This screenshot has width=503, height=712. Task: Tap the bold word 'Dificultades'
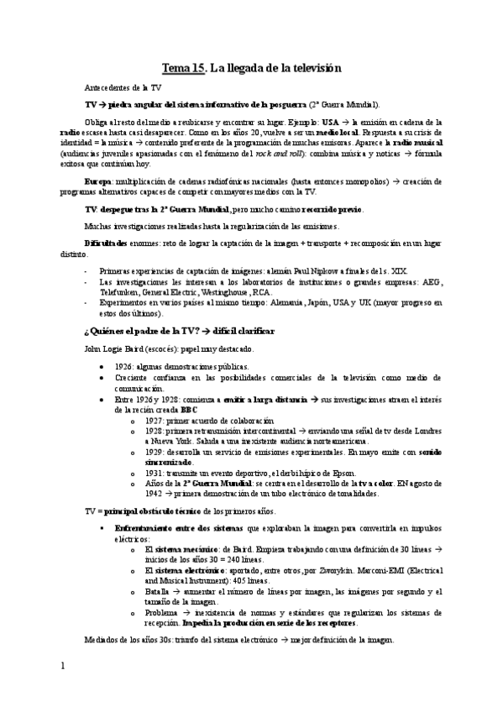tap(107, 243)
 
